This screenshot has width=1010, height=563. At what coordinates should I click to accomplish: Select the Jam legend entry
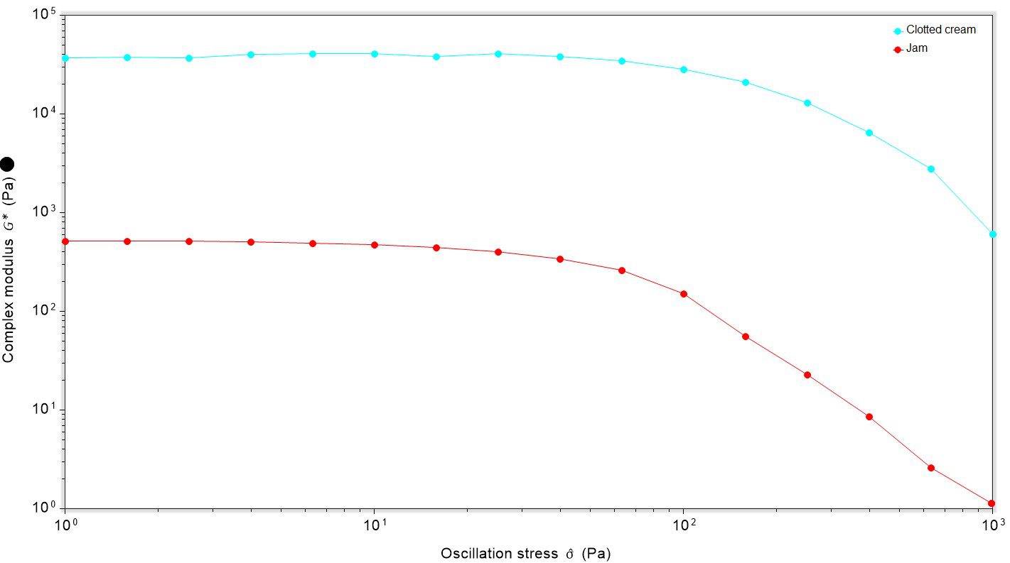point(916,48)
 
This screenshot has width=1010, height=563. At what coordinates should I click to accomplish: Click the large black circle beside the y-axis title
point(8,165)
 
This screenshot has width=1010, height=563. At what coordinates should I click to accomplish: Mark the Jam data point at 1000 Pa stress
point(992,503)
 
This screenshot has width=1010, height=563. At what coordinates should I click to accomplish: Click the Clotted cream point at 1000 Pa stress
point(992,234)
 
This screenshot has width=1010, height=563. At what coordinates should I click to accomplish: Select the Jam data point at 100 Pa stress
point(684,294)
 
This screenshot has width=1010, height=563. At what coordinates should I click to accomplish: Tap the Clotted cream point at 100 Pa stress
point(684,70)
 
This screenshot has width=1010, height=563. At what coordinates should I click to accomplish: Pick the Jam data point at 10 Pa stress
point(375,245)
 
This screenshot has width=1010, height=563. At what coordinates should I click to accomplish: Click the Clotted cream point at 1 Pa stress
point(65,58)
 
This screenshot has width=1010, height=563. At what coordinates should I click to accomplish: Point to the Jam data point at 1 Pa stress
point(65,241)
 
